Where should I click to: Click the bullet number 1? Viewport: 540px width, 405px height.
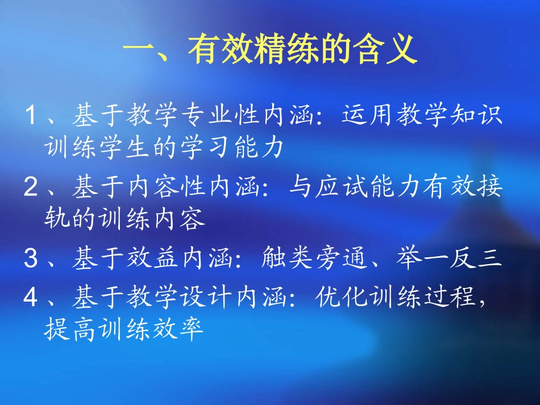[32, 117]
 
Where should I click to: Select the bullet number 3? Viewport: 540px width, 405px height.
[32, 259]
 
